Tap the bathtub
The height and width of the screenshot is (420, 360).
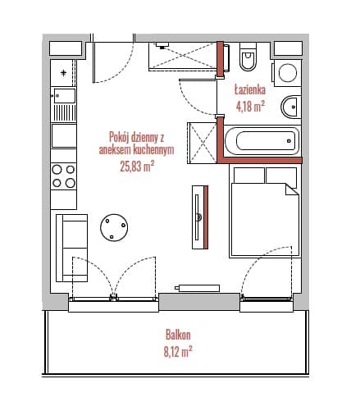click(x=262, y=141)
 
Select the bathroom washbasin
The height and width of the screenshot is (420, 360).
click(x=290, y=107)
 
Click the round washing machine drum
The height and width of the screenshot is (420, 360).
click(x=288, y=73)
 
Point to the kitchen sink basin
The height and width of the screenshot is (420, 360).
click(x=65, y=96)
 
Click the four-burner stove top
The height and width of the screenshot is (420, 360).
click(x=63, y=176)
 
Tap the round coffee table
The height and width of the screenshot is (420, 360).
click(x=114, y=227)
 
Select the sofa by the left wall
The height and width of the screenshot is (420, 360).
click(x=71, y=248)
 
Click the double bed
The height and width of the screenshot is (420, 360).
click(x=264, y=212)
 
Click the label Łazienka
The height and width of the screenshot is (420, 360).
click(x=250, y=89)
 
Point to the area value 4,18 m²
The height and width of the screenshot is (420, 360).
click(x=250, y=106)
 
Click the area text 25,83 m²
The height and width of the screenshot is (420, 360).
click(x=137, y=166)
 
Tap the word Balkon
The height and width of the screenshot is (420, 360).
click(x=178, y=335)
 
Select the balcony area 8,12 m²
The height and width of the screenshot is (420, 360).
click(x=178, y=351)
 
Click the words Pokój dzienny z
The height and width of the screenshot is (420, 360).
click(x=136, y=137)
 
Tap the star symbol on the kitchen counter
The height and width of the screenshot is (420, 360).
click(x=63, y=73)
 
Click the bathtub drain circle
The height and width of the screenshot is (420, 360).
click(x=289, y=141)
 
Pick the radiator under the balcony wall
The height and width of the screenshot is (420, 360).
click(x=198, y=288)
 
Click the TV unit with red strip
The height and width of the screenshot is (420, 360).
click(x=200, y=217)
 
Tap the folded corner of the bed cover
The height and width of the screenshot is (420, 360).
click(x=291, y=189)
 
